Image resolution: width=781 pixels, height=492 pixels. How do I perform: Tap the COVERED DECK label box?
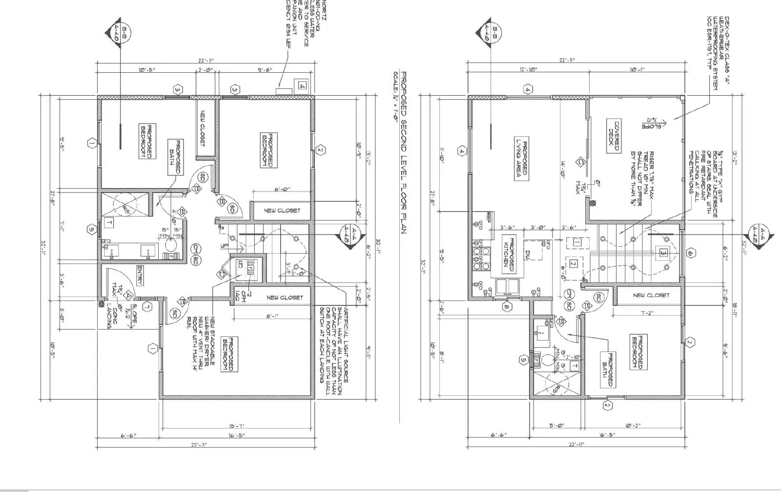[614, 136]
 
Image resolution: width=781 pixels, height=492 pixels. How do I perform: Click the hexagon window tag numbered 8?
[507, 307]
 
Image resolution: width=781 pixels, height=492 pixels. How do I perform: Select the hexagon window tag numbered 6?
[690, 253]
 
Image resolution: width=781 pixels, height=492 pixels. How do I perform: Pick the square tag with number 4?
[303, 86]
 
